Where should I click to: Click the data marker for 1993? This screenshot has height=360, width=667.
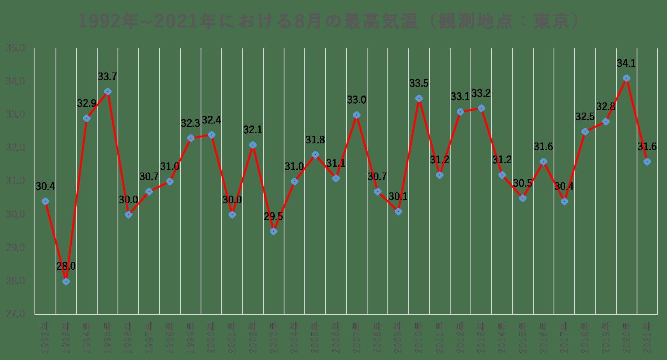coord(66,281)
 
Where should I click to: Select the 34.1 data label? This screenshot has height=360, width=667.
coord(626,63)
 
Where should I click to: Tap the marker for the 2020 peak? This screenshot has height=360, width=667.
coord(626,78)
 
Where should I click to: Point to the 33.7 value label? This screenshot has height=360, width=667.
coord(107,77)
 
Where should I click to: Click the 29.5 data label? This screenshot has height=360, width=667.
coord(274,216)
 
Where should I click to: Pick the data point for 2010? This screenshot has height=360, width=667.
coord(419,98)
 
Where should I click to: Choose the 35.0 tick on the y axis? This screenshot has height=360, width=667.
coord(15,48)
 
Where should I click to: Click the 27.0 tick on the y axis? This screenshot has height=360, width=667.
coord(15,314)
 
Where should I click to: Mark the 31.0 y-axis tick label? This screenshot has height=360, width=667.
coord(15,181)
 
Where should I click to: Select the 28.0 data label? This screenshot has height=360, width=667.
coord(66,266)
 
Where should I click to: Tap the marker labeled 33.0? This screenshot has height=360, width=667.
coord(357,115)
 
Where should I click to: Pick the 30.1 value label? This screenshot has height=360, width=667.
coord(398,197)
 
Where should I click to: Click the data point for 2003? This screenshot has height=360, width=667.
coord(274,231)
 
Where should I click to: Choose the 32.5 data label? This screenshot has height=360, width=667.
coord(585,117)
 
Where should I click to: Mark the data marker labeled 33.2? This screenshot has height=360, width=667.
coord(481,108)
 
